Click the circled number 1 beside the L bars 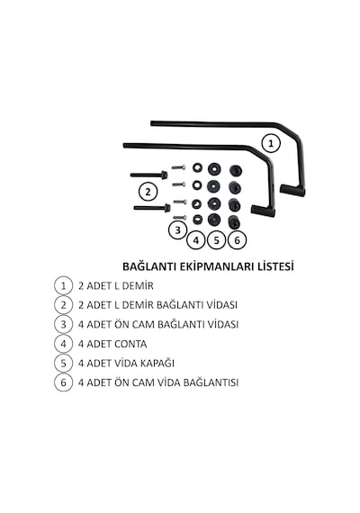click(x=271, y=144)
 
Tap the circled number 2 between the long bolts click(x=148, y=192)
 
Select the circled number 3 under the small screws click(x=177, y=230)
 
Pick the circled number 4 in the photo click(x=196, y=240)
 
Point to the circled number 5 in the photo click(x=216, y=240)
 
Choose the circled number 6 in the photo click(x=237, y=240)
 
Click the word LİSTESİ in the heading click(x=275, y=266)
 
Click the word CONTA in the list click(x=130, y=344)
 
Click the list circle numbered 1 click(x=64, y=285)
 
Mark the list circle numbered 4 click(x=64, y=344)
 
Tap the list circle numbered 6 click(x=64, y=382)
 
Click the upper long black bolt click(x=149, y=175)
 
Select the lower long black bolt click(x=152, y=208)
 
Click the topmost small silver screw click(x=179, y=167)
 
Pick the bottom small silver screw click(x=180, y=217)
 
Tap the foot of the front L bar click(x=263, y=211)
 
